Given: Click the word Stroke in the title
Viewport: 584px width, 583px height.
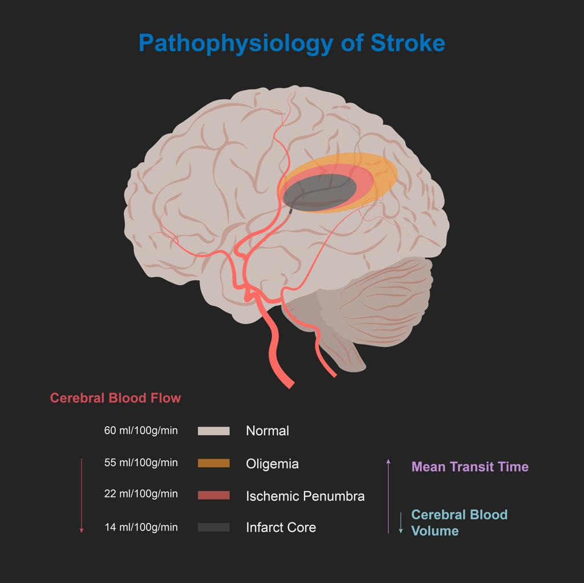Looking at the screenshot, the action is click(x=408, y=43).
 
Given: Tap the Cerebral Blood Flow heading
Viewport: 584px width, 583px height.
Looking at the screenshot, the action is click(x=115, y=398).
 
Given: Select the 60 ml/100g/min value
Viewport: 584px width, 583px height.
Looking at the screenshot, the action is click(x=141, y=431).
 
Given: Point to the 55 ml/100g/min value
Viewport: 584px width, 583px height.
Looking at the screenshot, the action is click(x=141, y=463).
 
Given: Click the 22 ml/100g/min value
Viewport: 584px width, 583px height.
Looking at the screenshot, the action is click(x=141, y=494).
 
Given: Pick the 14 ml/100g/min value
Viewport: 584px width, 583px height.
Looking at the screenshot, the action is click(x=141, y=527).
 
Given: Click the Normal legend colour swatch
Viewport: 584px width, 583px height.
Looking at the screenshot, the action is click(x=214, y=431).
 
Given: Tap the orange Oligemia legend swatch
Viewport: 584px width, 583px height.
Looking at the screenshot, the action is click(x=214, y=463).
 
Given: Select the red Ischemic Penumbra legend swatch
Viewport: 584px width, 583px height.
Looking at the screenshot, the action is click(x=214, y=495).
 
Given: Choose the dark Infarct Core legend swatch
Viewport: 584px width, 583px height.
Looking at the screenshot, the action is click(x=214, y=527).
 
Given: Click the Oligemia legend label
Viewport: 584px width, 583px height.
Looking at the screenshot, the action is click(x=272, y=464).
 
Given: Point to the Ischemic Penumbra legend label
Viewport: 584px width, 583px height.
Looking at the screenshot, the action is click(x=305, y=496).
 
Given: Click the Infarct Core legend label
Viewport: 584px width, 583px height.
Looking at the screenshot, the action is click(x=281, y=528).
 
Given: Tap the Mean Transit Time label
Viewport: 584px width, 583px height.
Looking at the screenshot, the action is click(x=470, y=467).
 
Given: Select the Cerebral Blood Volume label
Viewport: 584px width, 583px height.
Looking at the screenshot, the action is click(x=459, y=523).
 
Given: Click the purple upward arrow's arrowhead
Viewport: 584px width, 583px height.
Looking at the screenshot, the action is click(x=388, y=461).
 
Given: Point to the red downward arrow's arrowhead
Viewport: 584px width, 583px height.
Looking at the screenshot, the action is click(x=82, y=531).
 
